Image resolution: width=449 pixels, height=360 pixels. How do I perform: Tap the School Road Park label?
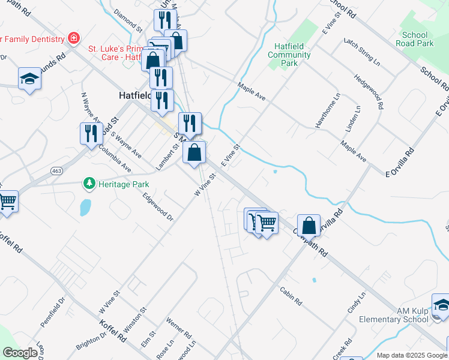(415, 39)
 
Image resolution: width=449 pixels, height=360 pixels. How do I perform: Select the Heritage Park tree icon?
(89, 182)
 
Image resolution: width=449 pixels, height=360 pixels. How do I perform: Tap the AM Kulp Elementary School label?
(394, 315)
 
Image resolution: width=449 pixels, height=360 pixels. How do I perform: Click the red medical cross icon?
(74, 38)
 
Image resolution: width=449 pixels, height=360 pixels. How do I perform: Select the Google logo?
(20, 353)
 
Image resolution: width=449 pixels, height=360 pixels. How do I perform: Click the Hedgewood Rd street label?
(369, 92)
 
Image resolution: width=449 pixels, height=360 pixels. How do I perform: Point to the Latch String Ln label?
(362, 52)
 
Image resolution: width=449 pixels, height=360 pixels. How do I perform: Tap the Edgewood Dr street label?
(158, 206)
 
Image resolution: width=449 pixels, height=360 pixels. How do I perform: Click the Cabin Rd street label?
(291, 295)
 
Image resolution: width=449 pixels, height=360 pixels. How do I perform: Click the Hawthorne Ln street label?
(327, 110)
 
